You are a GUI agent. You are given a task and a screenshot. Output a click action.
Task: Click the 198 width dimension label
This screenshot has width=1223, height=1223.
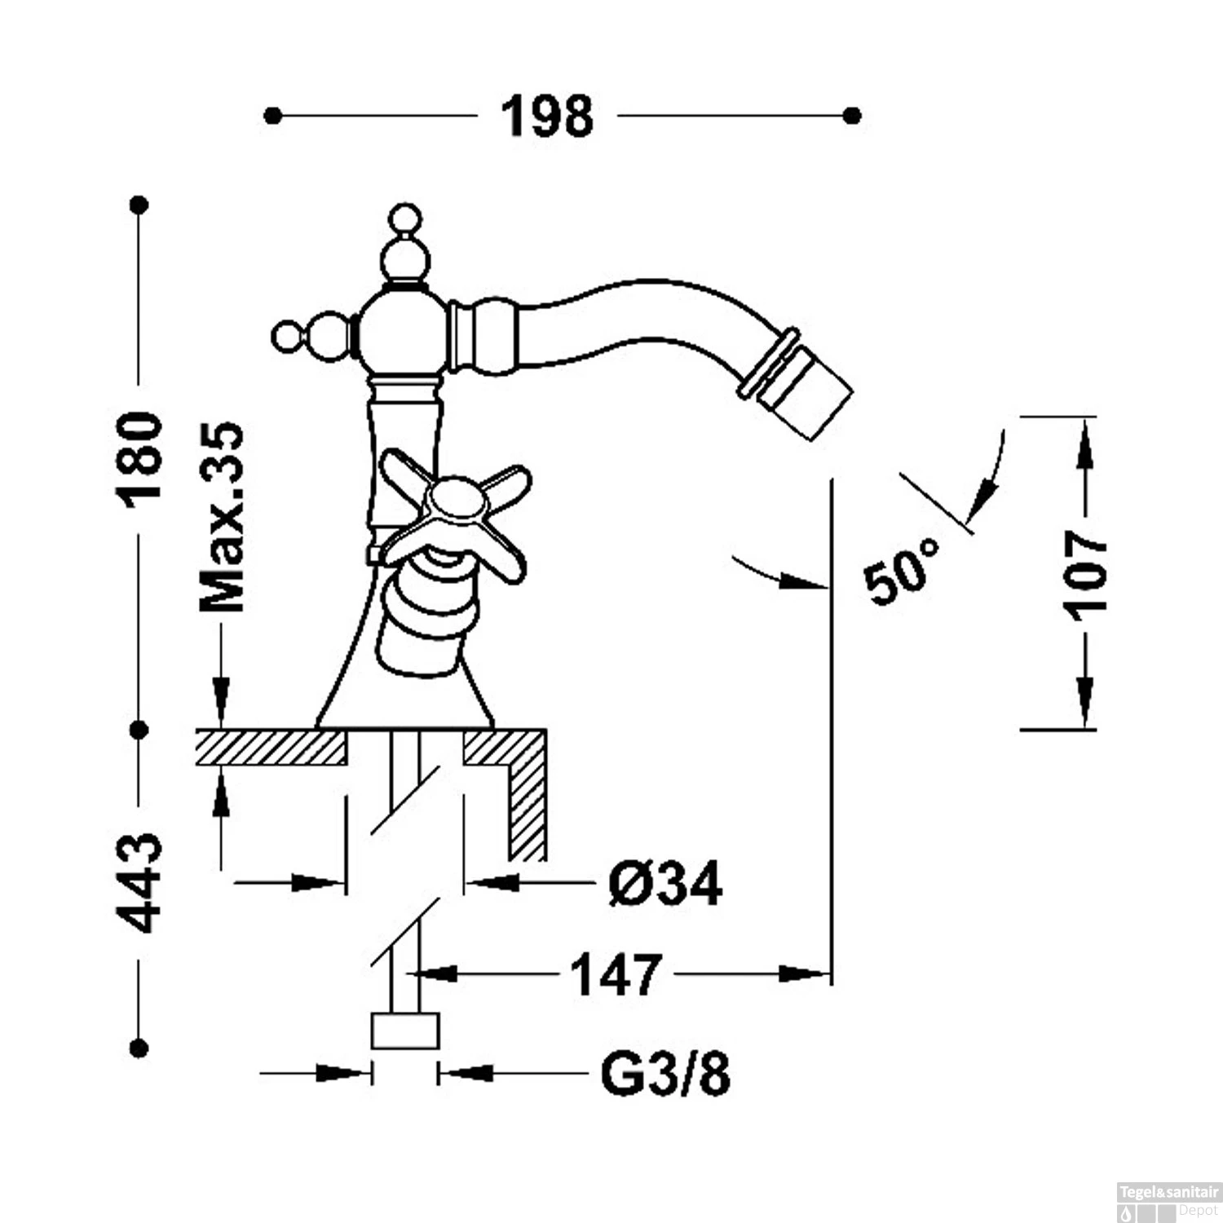(x=547, y=117)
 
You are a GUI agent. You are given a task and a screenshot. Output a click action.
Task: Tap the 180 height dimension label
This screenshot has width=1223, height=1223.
(x=140, y=459)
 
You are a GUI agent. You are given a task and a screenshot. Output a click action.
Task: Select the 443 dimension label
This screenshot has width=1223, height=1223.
(x=140, y=883)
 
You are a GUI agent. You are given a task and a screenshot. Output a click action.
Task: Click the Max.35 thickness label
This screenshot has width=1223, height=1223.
(x=223, y=518)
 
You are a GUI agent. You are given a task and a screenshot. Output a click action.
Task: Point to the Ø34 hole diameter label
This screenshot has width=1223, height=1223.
(x=665, y=883)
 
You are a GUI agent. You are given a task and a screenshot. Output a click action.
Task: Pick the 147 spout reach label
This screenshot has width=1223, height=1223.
(x=616, y=974)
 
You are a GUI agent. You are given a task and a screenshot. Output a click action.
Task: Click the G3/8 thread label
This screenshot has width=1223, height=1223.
(x=665, y=1075)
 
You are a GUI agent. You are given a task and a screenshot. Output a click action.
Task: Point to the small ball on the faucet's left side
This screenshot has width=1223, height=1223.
(x=287, y=335)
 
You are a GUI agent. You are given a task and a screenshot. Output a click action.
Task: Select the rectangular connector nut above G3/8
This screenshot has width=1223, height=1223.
(x=405, y=1031)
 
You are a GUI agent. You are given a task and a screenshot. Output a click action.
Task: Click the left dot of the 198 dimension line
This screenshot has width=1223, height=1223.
(x=273, y=117)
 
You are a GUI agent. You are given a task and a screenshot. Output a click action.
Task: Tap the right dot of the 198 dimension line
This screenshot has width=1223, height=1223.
(x=852, y=117)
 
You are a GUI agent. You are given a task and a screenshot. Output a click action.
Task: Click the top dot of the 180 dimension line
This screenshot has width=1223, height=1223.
(x=139, y=204)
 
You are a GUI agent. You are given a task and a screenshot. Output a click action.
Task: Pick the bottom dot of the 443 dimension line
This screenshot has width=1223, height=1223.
(x=139, y=1048)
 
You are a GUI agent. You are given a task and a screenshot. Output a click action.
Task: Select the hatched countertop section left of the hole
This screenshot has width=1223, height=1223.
(x=271, y=748)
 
